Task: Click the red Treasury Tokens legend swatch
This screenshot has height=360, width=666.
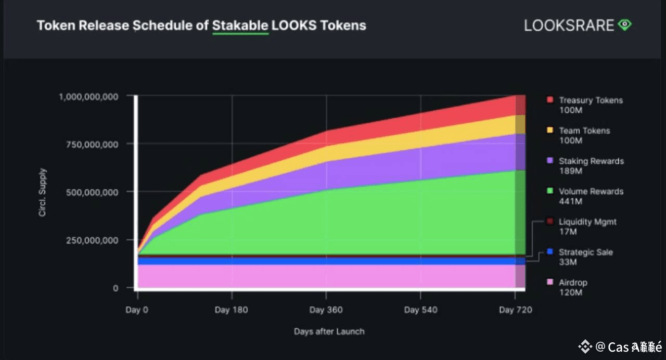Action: [x=549, y=100]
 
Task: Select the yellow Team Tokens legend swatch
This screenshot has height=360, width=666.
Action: [x=549, y=131]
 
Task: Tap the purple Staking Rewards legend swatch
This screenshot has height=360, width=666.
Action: [x=549, y=161]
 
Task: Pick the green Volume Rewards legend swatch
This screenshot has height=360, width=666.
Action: [x=549, y=191]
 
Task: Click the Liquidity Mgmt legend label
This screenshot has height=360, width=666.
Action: [x=587, y=222]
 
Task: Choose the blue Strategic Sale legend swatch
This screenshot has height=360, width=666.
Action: [x=549, y=252]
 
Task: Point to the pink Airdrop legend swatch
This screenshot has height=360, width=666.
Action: [x=549, y=282]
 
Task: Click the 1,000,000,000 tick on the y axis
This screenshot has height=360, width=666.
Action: [x=88, y=96]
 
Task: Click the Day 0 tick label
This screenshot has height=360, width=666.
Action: [x=137, y=310]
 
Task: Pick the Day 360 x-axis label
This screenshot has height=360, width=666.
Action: [x=326, y=310]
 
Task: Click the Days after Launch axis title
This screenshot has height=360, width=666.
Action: [x=329, y=331]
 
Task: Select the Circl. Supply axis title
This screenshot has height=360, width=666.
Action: [x=43, y=192]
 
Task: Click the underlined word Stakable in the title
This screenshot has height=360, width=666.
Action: [x=240, y=25]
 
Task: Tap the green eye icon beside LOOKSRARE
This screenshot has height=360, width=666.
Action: [x=624, y=25]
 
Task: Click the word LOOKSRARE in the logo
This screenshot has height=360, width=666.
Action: [x=569, y=25]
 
